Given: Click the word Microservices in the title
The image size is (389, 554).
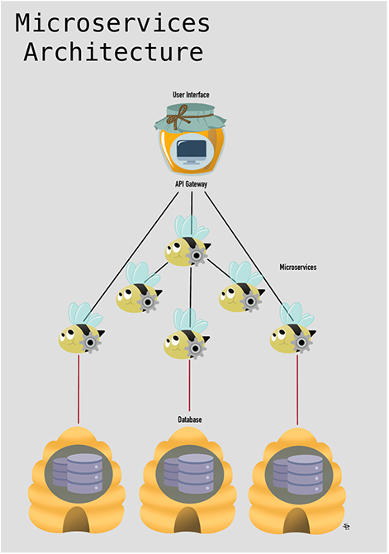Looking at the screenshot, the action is point(112,23).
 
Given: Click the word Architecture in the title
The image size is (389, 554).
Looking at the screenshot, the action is point(113,52).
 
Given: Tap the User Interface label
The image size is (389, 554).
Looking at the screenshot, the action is point(191,95).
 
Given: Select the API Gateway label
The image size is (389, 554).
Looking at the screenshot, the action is point(191,184).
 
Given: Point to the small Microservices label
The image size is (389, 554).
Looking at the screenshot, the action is point(298,268).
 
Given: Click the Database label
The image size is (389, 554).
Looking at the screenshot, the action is point(190,419).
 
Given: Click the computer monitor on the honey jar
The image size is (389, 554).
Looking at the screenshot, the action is point(191,152).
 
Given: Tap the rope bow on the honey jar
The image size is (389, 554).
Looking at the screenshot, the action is point(181,116).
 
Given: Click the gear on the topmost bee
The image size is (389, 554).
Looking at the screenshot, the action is point(197,255).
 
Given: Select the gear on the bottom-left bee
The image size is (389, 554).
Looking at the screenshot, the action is point(91,343).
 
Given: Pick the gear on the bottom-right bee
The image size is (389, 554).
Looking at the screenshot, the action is point(301,342).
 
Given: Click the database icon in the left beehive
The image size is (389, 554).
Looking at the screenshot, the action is point(78,473).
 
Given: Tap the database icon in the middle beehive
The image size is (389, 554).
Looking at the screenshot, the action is point(189,473).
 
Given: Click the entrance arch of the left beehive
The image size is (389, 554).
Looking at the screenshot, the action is point(76,519).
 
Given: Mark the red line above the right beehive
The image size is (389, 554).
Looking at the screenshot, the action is point(297,390).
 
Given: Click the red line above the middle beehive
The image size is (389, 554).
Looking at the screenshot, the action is point(189,386).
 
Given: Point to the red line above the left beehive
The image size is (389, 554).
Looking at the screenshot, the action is point(78,389).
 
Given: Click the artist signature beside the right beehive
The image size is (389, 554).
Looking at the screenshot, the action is point(346,527).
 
